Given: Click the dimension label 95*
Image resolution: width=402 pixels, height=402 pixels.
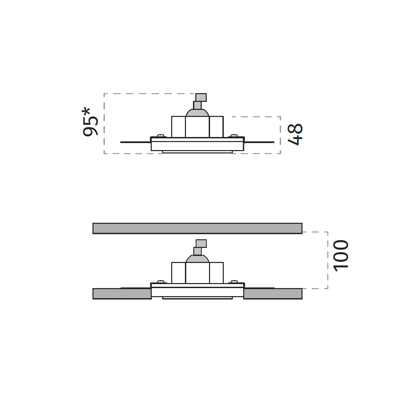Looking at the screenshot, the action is (90, 122).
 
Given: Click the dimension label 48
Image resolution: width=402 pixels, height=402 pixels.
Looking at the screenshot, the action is (295, 134).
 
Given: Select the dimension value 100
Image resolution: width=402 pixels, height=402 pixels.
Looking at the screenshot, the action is (341, 256).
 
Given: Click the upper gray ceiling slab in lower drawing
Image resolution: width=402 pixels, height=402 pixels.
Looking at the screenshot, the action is (197, 228).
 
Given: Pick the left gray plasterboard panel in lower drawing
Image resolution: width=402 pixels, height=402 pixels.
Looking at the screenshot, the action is (122, 294).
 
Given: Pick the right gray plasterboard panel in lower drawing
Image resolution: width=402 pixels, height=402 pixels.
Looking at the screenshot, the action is (273, 294).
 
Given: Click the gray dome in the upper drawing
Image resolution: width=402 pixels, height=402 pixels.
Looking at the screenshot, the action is (197, 113).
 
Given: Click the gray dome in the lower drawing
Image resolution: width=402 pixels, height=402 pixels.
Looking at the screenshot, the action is (197, 259).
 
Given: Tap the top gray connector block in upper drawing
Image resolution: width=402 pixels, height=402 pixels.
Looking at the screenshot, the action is (201, 97).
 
